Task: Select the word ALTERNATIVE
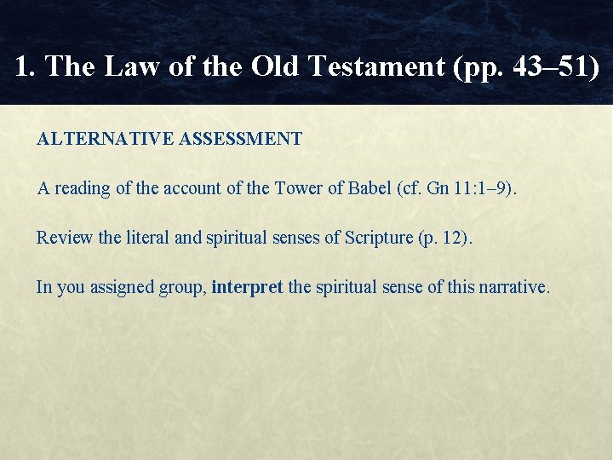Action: point(106,139)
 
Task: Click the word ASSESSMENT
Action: point(241,139)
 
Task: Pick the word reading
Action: point(83,188)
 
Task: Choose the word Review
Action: point(65,238)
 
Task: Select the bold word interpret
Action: point(247,287)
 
